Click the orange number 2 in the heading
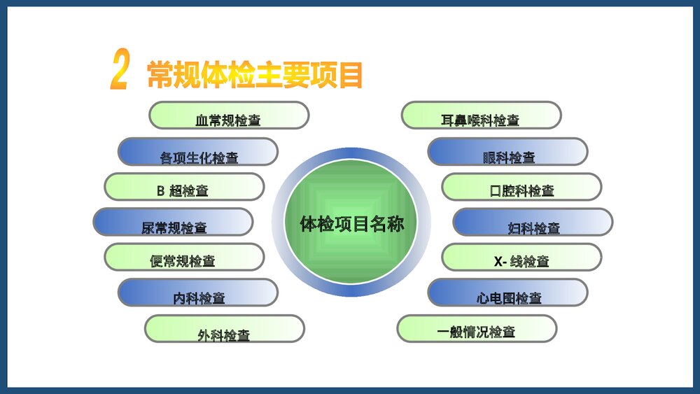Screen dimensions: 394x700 (120, 71)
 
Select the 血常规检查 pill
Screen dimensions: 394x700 (229, 115)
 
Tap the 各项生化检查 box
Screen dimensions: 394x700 (198, 152)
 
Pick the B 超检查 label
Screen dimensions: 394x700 (184, 187)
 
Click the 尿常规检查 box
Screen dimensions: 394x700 (173, 223)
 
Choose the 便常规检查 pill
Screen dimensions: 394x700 (184, 258)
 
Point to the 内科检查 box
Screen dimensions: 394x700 (198, 293)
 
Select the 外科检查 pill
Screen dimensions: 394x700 (225, 330)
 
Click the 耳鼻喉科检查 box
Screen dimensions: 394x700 (481, 115)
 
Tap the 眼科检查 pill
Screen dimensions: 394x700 (507, 152)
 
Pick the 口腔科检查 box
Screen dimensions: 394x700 (521, 187)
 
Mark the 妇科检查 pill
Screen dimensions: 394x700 (533, 223)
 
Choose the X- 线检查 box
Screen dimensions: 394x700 (521, 258)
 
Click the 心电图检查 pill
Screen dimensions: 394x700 (507, 293)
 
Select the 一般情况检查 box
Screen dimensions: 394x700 (477, 329)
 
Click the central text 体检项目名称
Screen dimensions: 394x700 (352, 224)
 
